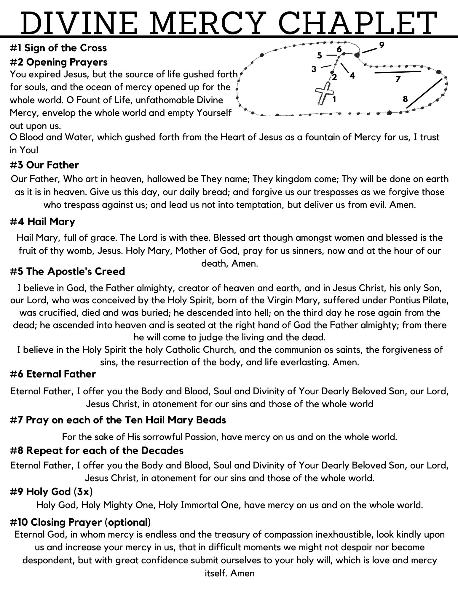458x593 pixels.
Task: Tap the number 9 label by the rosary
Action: pos(382,45)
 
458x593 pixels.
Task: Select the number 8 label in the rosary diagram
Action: pos(405,99)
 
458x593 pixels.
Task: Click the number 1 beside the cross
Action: pos(334,99)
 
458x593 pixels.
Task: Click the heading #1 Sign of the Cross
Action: pos(58,48)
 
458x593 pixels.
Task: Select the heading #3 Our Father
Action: pos(44,165)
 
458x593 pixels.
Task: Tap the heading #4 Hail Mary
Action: pos(42,221)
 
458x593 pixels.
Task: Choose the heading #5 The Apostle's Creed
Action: pos(67,271)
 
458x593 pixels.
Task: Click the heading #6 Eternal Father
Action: pos(53,374)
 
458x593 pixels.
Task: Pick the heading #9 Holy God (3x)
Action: pos(51,492)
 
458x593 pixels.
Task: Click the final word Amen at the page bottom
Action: pos(242,573)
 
